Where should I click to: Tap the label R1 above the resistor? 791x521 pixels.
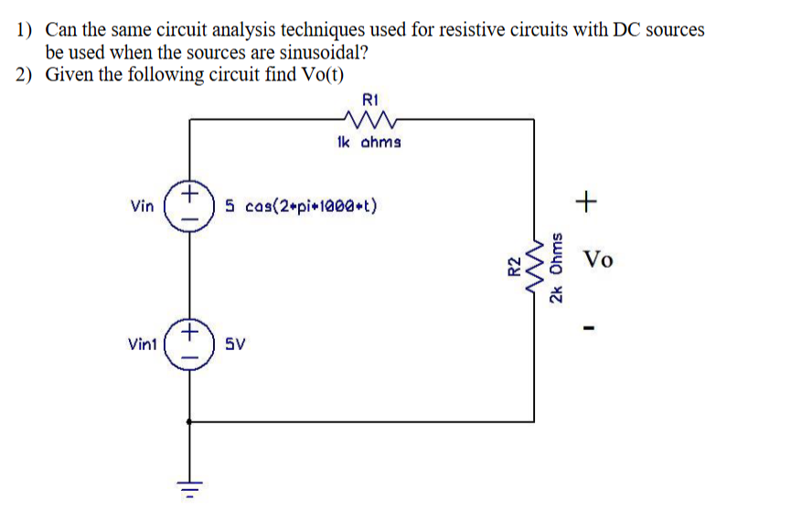tap(369, 98)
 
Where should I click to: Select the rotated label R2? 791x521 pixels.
tap(514, 266)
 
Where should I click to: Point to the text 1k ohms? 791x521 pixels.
tap(368, 143)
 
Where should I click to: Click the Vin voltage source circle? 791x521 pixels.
tap(189, 203)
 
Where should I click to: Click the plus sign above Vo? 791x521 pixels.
tap(587, 198)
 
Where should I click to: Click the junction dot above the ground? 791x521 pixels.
tap(189, 421)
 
